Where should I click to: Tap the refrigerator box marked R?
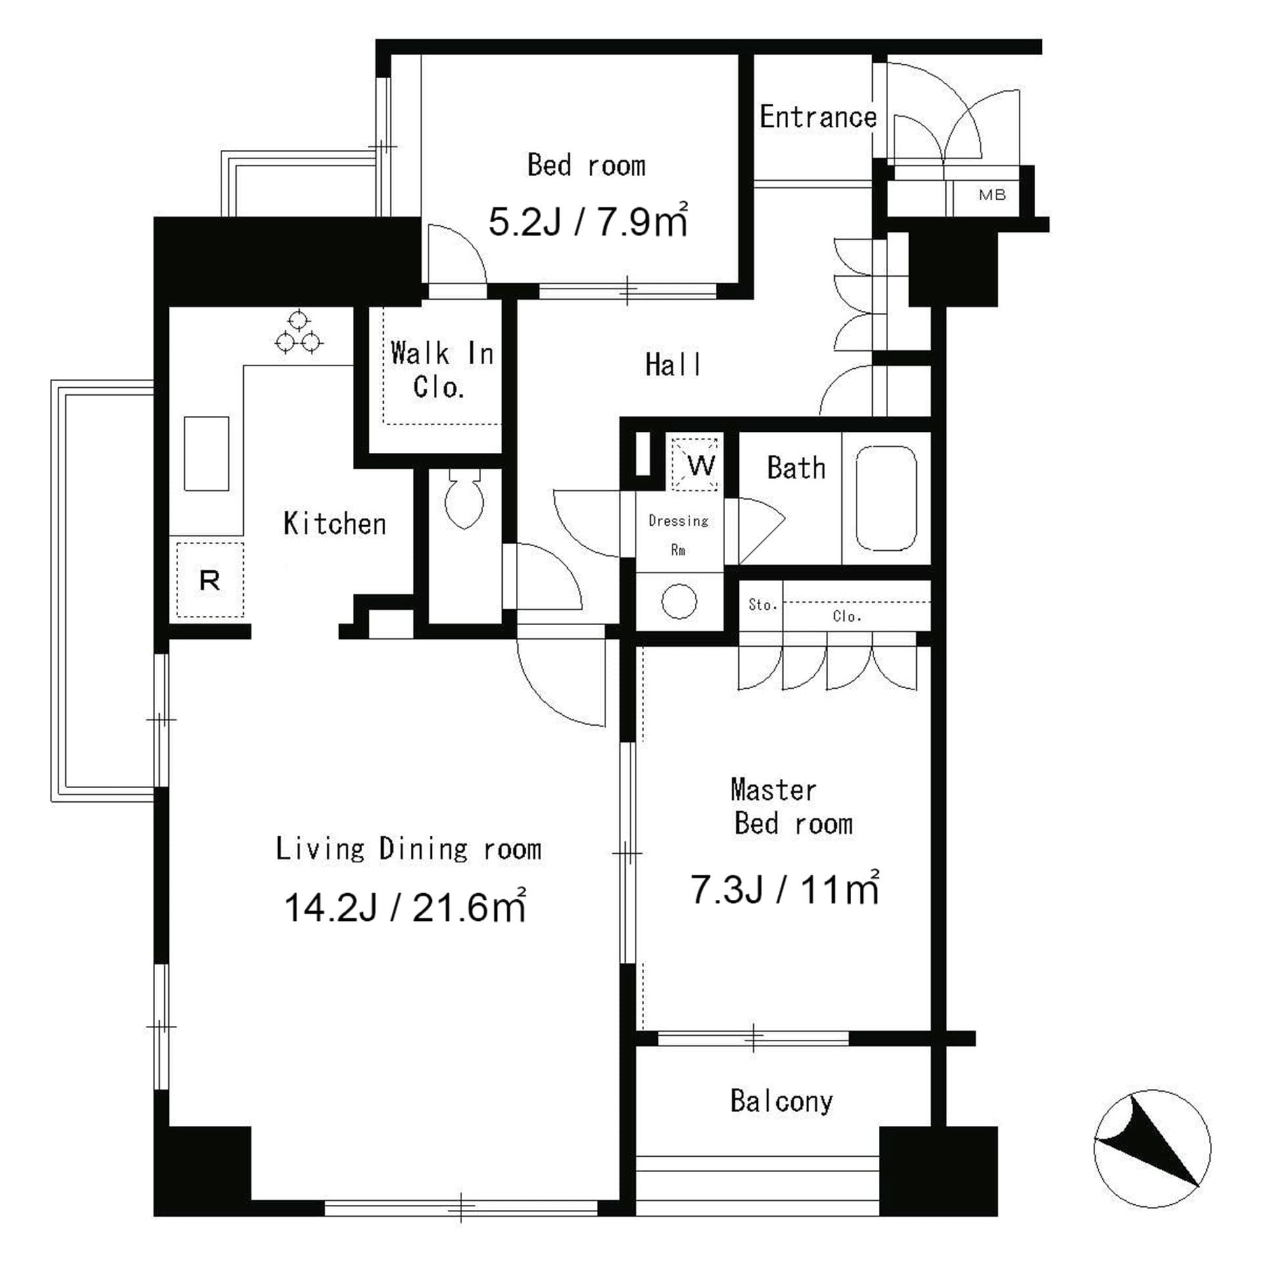click(210, 580)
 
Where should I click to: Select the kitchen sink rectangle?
click(206, 453)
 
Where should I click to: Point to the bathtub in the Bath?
click(886, 498)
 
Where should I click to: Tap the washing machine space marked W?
click(695, 464)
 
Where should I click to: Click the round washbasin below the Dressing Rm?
click(678, 601)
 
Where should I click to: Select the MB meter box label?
click(992, 195)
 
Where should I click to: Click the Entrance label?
click(818, 117)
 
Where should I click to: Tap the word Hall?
click(672, 365)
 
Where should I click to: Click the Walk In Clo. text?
click(440, 370)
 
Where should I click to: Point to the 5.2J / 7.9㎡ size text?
click(588, 221)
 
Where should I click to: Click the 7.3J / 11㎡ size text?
click(785, 889)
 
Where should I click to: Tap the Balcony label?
click(782, 1101)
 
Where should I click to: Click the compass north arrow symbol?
click(1152, 1148)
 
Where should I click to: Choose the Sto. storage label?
click(762, 605)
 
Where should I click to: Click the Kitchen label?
click(335, 524)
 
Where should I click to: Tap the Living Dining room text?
click(408, 849)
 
